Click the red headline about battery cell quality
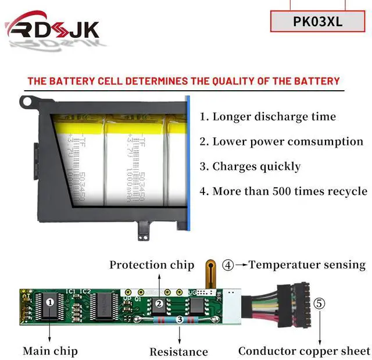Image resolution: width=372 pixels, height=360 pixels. pyautogui.click(x=184, y=81)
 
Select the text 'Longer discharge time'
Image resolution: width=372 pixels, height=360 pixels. pyautogui.click(x=268, y=116)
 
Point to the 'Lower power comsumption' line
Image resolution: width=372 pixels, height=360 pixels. pyautogui.click(x=281, y=141)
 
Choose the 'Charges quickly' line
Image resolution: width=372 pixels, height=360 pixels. pyautogui.click(x=250, y=166)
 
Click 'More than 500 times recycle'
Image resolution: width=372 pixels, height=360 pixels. pyautogui.click(x=283, y=191)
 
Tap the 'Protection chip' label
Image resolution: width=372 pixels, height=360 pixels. pyautogui.click(x=152, y=265)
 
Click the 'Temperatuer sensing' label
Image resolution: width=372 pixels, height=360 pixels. pyautogui.click(x=307, y=265)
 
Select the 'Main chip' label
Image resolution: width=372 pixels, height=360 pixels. pyautogui.click(x=50, y=351)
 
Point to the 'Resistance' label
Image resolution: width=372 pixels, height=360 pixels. pyautogui.click(x=178, y=351)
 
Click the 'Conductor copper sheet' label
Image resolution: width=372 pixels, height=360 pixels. pyautogui.click(x=304, y=351)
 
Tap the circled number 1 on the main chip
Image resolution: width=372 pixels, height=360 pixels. pyautogui.click(x=50, y=302)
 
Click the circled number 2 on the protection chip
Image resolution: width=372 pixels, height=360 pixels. pyautogui.click(x=158, y=303)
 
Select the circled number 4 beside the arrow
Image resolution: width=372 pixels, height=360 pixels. pyautogui.click(x=228, y=265)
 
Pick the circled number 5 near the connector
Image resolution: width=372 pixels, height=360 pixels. pyautogui.click(x=320, y=303)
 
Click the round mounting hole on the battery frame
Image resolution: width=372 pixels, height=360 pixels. pyautogui.click(x=27, y=102)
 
